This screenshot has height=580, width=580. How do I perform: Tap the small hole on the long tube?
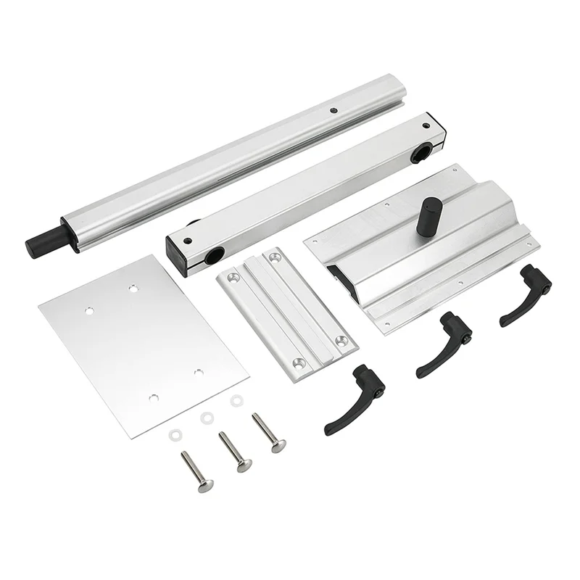pyautogui.click(x=332, y=110)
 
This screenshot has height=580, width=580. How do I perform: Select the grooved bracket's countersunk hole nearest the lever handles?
pyautogui.click(x=339, y=339)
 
